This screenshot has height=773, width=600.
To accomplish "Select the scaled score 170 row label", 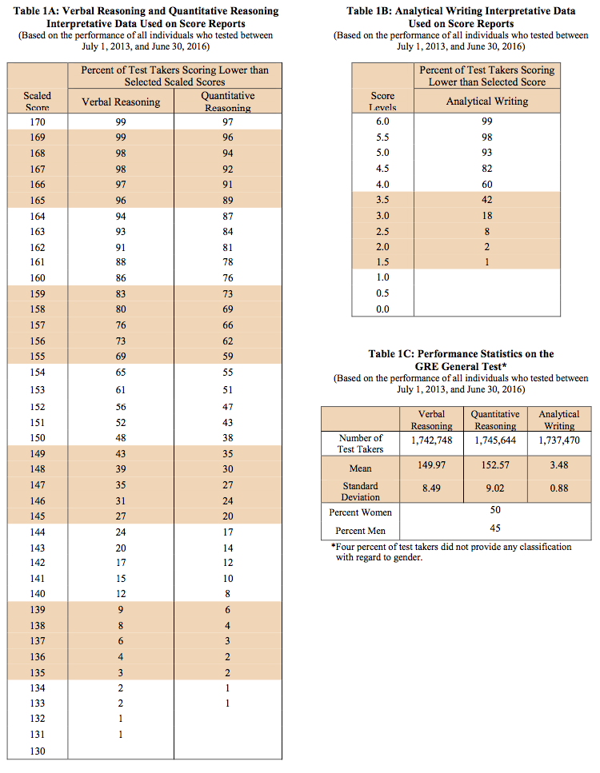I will pos(38,122).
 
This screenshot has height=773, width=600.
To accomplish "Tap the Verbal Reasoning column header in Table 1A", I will pos(121,102).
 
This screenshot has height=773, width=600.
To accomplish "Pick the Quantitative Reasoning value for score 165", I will pos(228,200).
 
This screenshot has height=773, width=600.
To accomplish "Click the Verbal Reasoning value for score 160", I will pos(121,278).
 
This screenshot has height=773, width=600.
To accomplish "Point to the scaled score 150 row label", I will pos(38,438).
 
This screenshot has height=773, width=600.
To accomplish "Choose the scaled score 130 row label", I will pos(38,751).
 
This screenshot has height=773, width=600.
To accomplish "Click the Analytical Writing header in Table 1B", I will pos(487,102).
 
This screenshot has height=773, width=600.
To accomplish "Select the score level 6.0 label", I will pos(382,121).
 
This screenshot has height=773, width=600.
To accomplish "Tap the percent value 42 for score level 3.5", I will pos(487,200).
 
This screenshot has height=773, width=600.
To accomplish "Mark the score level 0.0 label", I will pos(382,309).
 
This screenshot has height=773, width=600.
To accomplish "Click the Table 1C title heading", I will pos(461,359).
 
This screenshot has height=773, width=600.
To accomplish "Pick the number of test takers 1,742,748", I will pos(431,440).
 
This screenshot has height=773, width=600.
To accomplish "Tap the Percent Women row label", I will pos(361,512).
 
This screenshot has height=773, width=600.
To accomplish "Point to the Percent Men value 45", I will pos(495,528).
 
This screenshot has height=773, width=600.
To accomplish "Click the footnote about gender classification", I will pos(453,552).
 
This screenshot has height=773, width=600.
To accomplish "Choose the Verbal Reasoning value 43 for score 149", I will pos(121,454).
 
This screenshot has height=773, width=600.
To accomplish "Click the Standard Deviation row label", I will pos(361,491).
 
